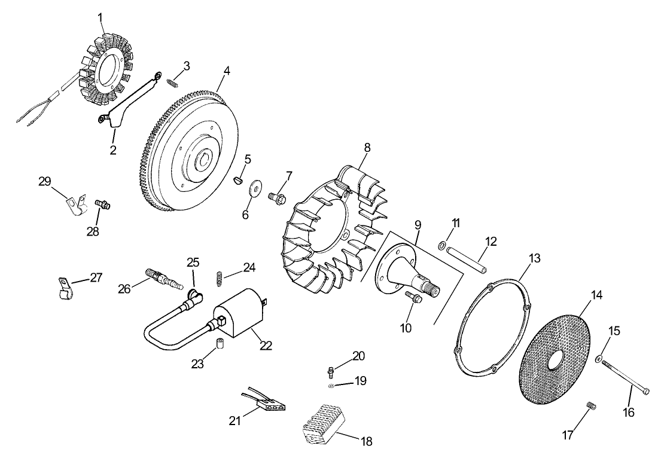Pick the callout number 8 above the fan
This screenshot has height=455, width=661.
tap(367, 147)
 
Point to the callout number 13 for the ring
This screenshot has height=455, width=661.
tap(534, 258)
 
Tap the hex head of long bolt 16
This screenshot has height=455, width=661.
tap(647, 391)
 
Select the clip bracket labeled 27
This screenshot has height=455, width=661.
tap(63, 287)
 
